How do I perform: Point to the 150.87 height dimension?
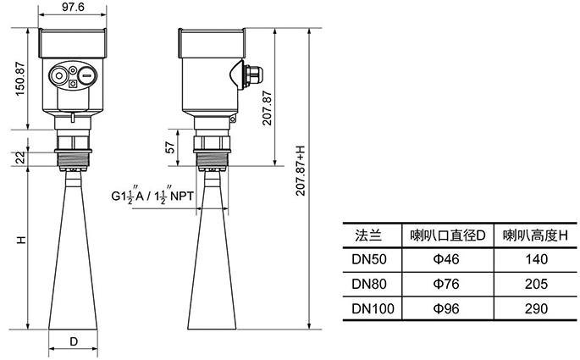coord(19,77)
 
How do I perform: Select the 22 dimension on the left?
coord(19,158)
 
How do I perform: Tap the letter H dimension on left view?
coord(19,241)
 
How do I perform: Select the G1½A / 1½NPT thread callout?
coord(152,197)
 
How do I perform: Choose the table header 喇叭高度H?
coord(531,235)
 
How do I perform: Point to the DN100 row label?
coord(372,308)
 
